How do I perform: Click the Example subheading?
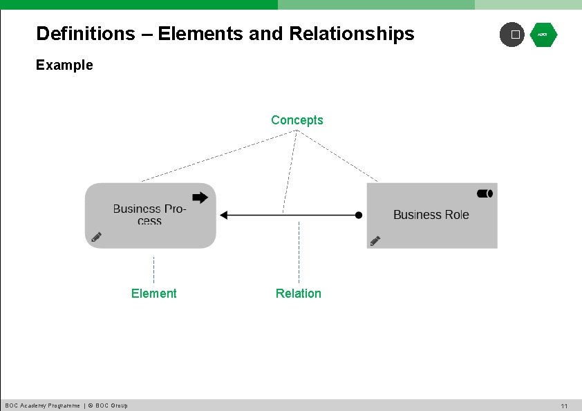tap(64, 66)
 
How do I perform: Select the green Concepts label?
tap(297, 120)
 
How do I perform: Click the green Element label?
tap(153, 294)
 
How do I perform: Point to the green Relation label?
tap(298, 294)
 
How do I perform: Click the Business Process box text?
tap(149, 214)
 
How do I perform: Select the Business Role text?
tap(431, 215)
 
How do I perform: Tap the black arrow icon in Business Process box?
tap(200, 198)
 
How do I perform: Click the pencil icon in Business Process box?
tap(97, 237)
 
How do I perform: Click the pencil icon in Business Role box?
tap(375, 240)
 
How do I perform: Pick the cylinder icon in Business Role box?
tap(484, 193)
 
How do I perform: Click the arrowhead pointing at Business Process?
tap(223, 216)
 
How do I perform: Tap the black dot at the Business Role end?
tap(359, 216)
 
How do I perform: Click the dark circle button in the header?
tap(512, 35)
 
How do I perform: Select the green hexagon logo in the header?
tap(543, 35)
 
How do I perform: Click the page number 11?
tap(564, 406)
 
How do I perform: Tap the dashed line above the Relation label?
tap(299, 252)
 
